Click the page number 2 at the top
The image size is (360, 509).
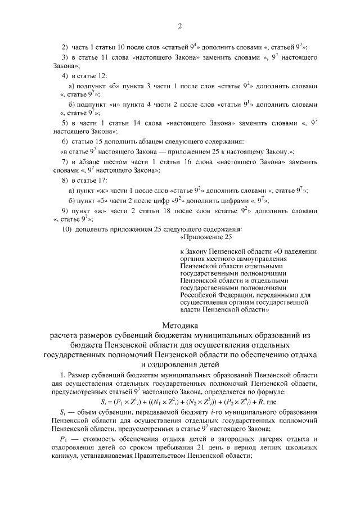click(x=179, y=26)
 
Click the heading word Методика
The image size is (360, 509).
click(x=179, y=325)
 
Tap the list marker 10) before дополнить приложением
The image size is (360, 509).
click(x=66, y=229)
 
